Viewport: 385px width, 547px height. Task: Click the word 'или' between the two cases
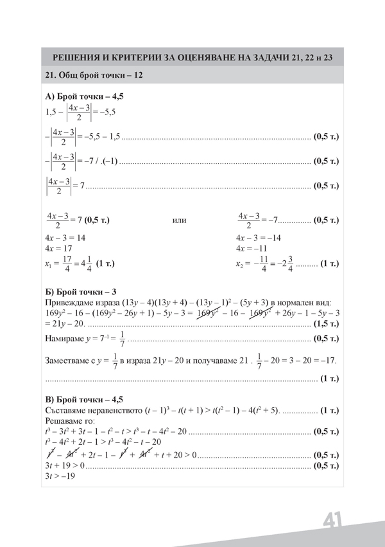(180, 220)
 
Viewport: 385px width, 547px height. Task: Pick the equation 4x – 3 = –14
(261, 237)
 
